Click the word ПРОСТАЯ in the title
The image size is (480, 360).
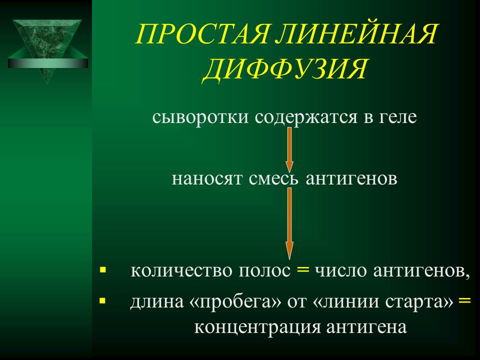(202, 34)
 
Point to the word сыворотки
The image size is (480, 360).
(200, 117)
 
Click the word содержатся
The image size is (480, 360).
(306, 117)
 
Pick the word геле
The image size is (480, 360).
(398, 117)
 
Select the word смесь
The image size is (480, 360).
(273, 178)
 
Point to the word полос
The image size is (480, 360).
(264, 271)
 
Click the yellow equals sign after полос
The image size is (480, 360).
(303, 270)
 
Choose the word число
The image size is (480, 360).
(341, 270)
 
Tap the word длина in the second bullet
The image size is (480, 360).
(157, 302)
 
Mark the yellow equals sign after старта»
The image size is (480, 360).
(464, 300)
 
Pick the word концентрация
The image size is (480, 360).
(257, 327)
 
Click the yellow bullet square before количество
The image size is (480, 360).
(103, 270)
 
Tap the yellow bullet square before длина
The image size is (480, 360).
(103, 300)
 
